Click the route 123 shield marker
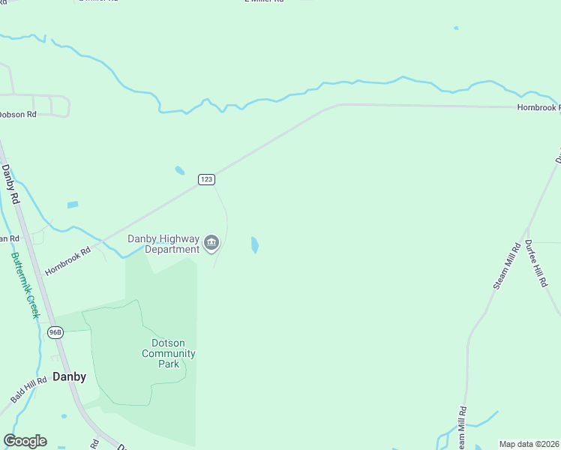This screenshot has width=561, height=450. pyautogui.click(x=207, y=179)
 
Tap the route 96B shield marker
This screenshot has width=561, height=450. pyautogui.click(x=55, y=331)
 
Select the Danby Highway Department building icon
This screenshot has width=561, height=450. pyautogui.click(x=212, y=243)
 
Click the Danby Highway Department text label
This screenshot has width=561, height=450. pyautogui.click(x=163, y=244)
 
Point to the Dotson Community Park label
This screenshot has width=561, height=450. pyautogui.click(x=169, y=353)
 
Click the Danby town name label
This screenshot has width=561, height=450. pyautogui.click(x=69, y=376)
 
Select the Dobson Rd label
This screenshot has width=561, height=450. pyautogui.click(x=17, y=115)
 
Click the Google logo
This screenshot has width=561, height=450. pyautogui.click(x=25, y=441)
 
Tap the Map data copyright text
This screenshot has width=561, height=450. pyautogui.click(x=529, y=444)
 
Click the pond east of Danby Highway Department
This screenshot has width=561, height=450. pyautogui.click(x=254, y=245)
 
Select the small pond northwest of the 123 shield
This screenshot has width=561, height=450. pyautogui.click(x=180, y=170)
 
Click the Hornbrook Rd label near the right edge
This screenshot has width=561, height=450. pyautogui.click(x=538, y=108)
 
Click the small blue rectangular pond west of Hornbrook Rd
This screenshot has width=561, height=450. pyautogui.click(x=73, y=204)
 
